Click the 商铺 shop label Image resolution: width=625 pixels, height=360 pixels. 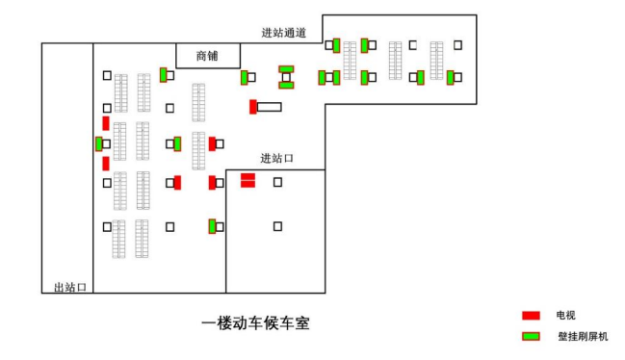coord(207,56)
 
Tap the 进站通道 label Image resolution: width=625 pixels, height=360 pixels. coord(283,33)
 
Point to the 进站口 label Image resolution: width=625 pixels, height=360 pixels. coord(276,158)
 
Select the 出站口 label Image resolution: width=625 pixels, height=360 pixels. coord(70,287)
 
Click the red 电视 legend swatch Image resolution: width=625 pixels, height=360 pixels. coord(531,316)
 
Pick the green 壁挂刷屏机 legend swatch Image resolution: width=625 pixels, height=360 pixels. coord(531,337)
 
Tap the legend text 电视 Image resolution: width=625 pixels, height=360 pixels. coord(564,316)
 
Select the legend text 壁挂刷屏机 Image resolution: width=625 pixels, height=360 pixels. coord(583,337)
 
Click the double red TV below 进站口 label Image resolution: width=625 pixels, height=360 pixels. coord(247,179)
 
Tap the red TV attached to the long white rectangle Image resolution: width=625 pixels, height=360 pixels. coord(252,107)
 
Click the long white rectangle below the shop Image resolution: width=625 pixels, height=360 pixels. coord(269,107)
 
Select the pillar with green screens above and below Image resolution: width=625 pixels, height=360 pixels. coord(286,77)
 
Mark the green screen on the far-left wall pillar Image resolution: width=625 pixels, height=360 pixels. coord(98,143)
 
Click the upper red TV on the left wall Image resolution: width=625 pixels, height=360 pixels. coord(105,123)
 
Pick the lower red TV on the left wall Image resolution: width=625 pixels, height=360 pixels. coord(105,163)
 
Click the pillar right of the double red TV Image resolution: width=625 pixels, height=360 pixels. coord(277,181)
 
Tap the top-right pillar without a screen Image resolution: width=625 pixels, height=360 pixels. coord(457,44)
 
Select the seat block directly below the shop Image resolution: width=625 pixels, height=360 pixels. coord(198,103)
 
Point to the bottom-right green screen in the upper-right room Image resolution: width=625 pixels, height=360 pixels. coord(450,77)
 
